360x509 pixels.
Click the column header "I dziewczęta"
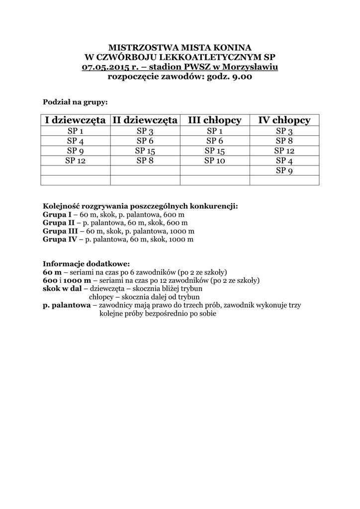(75, 120)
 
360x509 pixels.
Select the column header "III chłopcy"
(215, 120)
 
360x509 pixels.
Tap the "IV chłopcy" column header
(284, 120)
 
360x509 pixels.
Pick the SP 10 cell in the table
(215, 161)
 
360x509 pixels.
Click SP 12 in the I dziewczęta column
(75, 161)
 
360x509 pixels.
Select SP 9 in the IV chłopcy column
(284, 170)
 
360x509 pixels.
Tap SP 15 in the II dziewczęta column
(145, 151)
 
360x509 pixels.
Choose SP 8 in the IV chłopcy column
(284, 141)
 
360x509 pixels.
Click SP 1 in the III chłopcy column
(215, 131)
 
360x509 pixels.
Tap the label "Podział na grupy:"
(75, 102)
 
